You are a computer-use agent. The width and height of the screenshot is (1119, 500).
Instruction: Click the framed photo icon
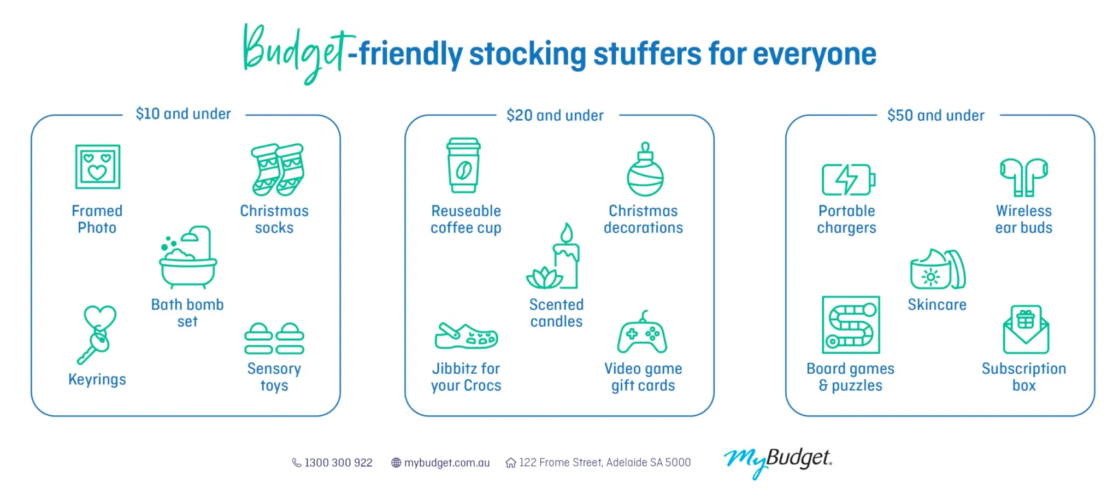tap(97, 167)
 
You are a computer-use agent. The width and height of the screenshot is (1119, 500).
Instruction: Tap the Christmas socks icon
tap(278, 169)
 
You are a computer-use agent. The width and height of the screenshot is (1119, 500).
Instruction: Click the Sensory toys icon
tap(274, 339)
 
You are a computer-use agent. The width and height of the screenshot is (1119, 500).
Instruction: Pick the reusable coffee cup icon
tap(463, 165)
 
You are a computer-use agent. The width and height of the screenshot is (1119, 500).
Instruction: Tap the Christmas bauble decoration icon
tap(645, 170)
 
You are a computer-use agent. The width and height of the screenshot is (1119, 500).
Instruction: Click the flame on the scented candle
tap(567, 233)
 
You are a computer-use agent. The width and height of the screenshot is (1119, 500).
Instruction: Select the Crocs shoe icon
tap(466, 336)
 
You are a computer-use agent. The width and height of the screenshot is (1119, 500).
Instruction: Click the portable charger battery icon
tap(848, 179)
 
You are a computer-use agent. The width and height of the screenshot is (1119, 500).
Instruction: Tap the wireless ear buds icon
tap(1023, 177)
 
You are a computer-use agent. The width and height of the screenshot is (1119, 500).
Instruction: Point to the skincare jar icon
tap(937, 270)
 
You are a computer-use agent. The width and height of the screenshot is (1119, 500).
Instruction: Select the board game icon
tap(851, 325)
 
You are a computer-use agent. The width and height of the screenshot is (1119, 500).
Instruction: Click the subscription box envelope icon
tap(1026, 330)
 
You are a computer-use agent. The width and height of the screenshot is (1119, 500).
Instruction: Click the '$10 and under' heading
tap(184, 114)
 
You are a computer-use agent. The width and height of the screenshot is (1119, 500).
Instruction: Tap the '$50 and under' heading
tap(935, 116)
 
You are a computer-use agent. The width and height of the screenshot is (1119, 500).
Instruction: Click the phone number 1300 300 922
tap(338, 463)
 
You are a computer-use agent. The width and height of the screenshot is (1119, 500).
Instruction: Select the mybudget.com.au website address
tap(446, 463)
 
